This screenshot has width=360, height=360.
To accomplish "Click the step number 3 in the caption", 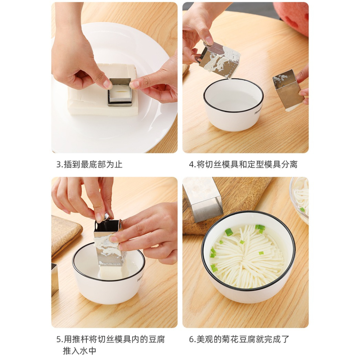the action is click(59, 165).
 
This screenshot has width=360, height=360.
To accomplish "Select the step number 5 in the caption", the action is click(59, 339).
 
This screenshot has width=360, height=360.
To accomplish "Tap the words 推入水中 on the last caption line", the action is click(80, 351).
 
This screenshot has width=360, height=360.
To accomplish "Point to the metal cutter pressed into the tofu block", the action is click(120, 91).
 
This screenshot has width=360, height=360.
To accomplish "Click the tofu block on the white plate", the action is click(102, 91).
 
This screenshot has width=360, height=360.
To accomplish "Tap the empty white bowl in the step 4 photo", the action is click(233, 104).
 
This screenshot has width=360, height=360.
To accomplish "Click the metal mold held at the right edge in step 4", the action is click(288, 90).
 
